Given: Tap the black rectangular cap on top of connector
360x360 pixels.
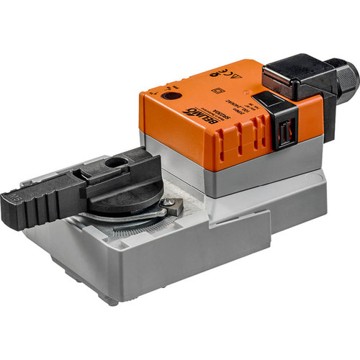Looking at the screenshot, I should [288, 72].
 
